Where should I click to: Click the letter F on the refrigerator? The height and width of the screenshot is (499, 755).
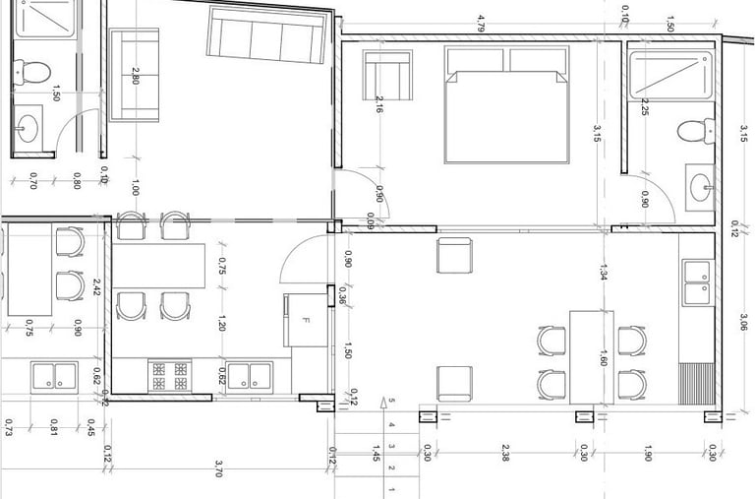(305, 320)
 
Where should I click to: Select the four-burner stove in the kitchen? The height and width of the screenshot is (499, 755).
(169, 376)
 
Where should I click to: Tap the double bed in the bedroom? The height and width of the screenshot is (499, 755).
(507, 104)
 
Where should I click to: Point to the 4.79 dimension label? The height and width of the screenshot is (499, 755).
(481, 24)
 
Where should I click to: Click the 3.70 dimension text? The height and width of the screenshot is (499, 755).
(218, 468)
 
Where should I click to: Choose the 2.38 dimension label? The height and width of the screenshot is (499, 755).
(504, 453)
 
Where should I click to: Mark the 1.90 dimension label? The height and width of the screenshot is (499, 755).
(648, 453)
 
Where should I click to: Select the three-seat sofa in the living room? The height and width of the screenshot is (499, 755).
(267, 34)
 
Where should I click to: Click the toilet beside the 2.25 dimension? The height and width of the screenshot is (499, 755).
(696, 131)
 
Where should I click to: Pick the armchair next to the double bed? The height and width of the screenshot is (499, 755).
(387, 75)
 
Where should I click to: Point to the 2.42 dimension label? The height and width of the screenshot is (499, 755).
(96, 287)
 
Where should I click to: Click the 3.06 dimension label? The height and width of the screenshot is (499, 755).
(744, 322)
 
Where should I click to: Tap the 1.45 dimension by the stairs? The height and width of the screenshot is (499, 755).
(377, 453)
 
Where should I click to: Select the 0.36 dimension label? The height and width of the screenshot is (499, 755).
(342, 295)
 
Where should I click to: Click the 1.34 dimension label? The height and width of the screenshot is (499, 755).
(603, 273)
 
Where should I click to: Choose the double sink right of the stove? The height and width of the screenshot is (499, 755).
(250, 376)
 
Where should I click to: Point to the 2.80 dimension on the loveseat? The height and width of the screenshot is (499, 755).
(136, 76)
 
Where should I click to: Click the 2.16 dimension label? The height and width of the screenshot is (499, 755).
(379, 104)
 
